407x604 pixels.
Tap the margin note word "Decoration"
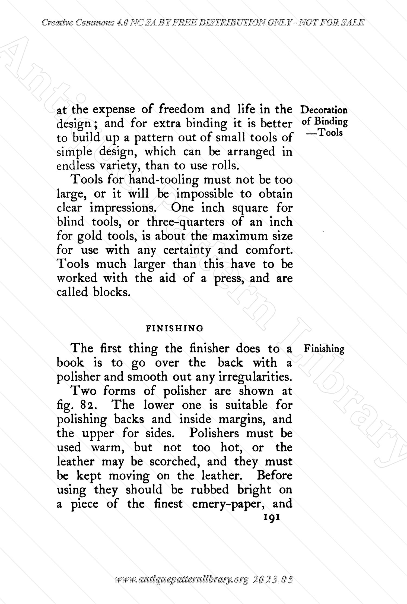click(x=324, y=110)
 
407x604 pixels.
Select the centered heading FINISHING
click(x=175, y=328)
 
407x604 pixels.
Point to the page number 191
click(x=271, y=517)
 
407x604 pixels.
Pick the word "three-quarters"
click(x=186, y=222)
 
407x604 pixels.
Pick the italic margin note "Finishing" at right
click(x=324, y=349)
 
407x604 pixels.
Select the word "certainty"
click(x=187, y=250)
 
